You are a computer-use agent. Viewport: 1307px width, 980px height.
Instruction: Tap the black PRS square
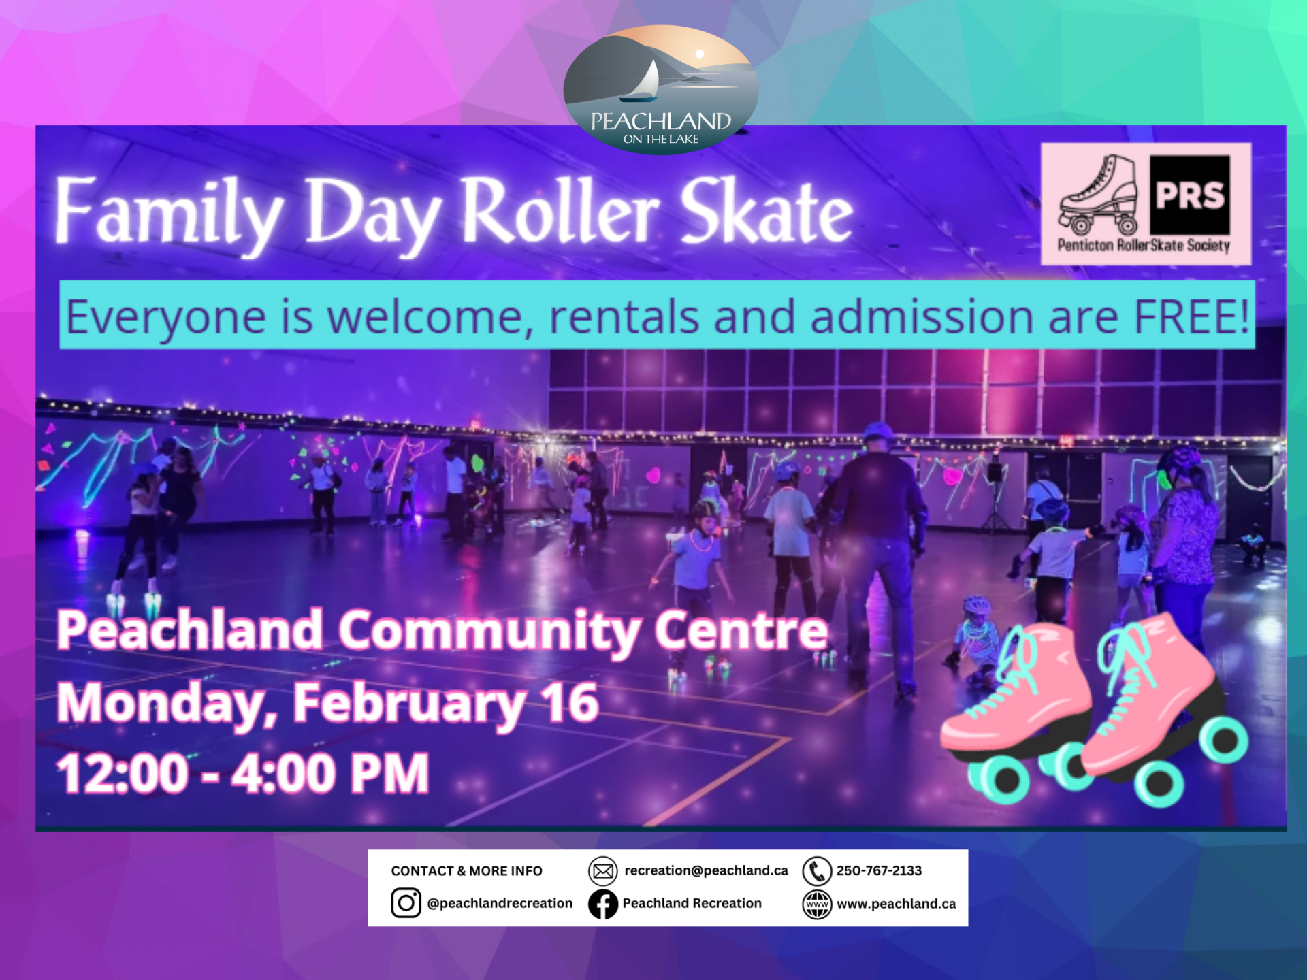[x=1190, y=195]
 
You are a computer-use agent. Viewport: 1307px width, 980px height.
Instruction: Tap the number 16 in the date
[x=570, y=702]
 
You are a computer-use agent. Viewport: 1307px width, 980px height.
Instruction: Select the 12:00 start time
[x=123, y=773]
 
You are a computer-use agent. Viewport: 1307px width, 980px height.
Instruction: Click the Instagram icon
[x=406, y=903]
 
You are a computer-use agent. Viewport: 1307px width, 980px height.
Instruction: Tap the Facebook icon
[x=603, y=904]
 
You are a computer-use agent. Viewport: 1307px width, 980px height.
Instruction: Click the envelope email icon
[x=603, y=871]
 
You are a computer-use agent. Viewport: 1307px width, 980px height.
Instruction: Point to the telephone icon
[x=817, y=871]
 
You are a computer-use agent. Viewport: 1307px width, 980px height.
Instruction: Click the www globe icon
[x=817, y=904]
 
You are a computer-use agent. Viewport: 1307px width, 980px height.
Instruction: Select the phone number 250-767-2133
[x=879, y=871]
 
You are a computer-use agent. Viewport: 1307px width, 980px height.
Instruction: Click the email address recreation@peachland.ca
[x=706, y=871]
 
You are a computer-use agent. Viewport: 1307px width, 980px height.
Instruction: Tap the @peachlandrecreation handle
[x=500, y=904]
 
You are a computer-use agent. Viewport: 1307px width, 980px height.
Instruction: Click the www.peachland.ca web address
[x=896, y=904]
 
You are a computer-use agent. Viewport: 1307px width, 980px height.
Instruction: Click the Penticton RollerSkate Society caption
[x=1144, y=246]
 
